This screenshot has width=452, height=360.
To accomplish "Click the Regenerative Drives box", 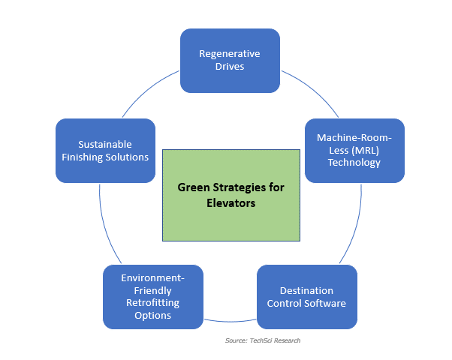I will click(x=230, y=60).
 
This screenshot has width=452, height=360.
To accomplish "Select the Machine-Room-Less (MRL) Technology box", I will click(x=355, y=150).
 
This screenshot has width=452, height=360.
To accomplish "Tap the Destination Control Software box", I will click(x=306, y=297).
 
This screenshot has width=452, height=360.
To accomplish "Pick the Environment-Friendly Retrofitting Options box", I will click(x=153, y=296).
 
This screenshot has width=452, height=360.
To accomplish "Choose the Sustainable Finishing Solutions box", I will click(x=105, y=150).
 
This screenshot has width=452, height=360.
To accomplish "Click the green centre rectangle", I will click(x=231, y=194).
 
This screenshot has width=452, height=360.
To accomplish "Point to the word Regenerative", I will click(x=230, y=54).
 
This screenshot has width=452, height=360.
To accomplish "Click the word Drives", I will click(x=230, y=67).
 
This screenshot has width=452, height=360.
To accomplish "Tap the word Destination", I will click(x=306, y=290).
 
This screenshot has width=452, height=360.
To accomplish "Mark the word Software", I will click(x=325, y=303).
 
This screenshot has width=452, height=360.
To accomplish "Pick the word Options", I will click(x=153, y=315).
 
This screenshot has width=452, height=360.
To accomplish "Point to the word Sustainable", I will click(x=105, y=144).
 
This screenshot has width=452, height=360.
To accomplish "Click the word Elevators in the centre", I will click(x=231, y=202).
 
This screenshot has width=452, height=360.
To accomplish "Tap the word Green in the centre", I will click(x=193, y=187).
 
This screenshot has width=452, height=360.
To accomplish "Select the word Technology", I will click(x=355, y=162).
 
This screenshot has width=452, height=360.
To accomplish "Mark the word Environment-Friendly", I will click(x=153, y=283).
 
